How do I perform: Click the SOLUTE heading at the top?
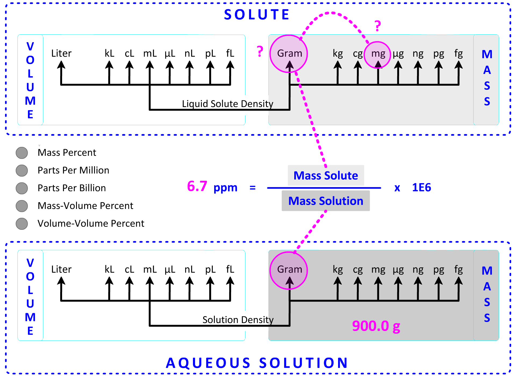[x=257, y=15]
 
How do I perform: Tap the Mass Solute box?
[x=326, y=175]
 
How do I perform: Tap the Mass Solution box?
[x=326, y=201]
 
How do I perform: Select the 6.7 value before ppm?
[x=197, y=186]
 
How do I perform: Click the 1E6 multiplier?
[x=421, y=187]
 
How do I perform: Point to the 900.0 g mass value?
[x=376, y=326]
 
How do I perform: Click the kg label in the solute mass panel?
[x=338, y=53]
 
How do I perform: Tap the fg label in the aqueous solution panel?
[x=458, y=269]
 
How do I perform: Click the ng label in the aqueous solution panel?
[x=418, y=270]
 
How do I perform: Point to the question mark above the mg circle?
[x=378, y=26]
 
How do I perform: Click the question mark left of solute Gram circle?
[x=260, y=51]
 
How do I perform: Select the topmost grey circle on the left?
[x=21, y=153]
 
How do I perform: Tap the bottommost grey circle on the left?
[x=21, y=224]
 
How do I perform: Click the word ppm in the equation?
[x=225, y=188]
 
